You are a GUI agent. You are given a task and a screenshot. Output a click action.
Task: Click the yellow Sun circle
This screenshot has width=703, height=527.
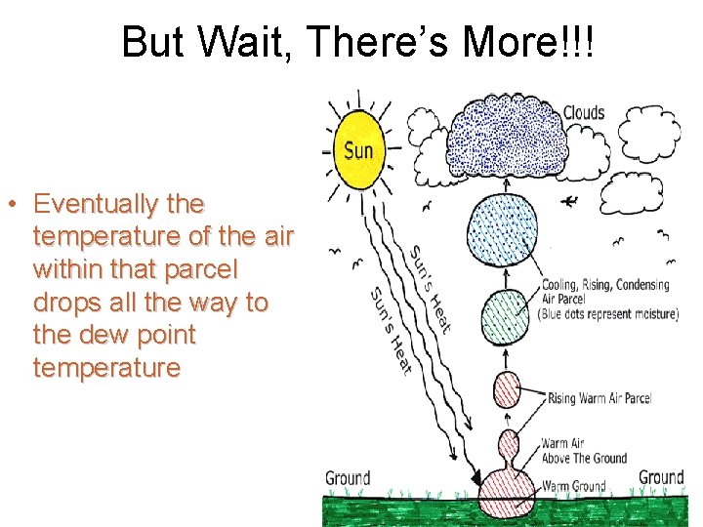(x=357, y=150)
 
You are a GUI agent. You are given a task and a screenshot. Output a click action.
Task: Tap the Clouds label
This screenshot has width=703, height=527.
(x=584, y=113)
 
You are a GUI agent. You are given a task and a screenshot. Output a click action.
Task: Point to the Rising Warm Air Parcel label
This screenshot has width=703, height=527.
(x=599, y=398)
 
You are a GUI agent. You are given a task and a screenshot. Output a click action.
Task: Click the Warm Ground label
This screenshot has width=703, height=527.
(x=573, y=486)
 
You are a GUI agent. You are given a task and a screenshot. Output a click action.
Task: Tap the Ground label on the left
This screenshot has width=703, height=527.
(x=348, y=477)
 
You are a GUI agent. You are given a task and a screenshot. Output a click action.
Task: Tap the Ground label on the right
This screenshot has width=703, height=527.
(x=661, y=477)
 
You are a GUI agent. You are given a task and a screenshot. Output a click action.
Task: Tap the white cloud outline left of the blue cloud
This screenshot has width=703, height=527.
(x=423, y=128)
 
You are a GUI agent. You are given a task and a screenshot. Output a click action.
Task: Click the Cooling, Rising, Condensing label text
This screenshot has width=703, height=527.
(x=605, y=286)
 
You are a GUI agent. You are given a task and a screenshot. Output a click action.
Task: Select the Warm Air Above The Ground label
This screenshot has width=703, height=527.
(x=584, y=451)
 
